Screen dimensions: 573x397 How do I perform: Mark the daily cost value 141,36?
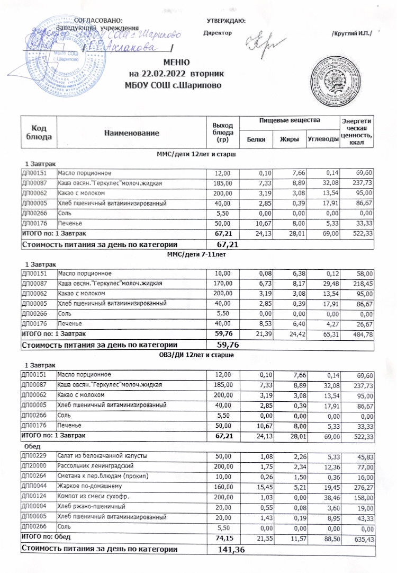click(232, 549)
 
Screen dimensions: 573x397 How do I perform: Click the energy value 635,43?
click(363, 539)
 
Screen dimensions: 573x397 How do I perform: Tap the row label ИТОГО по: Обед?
click(46, 537)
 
